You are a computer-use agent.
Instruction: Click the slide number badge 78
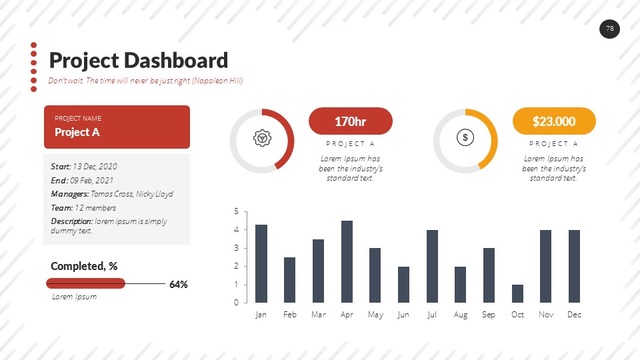click(x=609, y=29)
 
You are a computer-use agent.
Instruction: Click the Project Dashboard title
click(x=139, y=61)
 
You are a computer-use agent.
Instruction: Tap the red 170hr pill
click(x=351, y=121)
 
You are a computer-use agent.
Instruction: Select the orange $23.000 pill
click(x=554, y=121)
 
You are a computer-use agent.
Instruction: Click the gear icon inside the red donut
click(x=262, y=138)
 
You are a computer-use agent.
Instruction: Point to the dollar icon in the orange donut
click(x=465, y=138)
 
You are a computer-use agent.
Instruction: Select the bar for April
click(x=347, y=261)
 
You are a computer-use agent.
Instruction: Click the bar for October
click(x=517, y=293)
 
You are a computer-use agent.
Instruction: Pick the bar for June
click(x=403, y=284)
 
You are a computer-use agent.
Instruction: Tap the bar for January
click(x=261, y=263)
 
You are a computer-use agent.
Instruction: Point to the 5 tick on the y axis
click(x=236, y=211)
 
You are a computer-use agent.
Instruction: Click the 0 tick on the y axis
click(x=236, y=303)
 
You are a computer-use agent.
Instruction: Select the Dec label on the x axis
click(x=574, y=315)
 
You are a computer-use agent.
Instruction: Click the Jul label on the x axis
click(x=432, y=315)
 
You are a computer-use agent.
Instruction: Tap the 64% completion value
click(x=179, y=285)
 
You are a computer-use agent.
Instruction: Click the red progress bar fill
click(x=85, y=283)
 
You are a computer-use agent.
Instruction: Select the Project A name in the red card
click(x=77, y=132)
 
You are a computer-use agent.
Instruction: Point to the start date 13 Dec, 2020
click(x=95, y=167)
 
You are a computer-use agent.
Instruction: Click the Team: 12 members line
click(x=83, y=208)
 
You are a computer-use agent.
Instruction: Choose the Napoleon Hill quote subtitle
click(x=145, y=81)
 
